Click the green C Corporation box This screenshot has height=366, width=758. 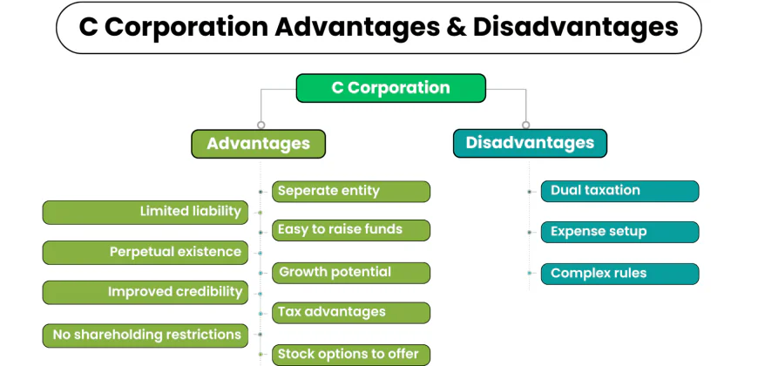coord(390,88)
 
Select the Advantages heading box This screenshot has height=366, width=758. coord(258,144)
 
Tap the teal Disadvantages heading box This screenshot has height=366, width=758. coord(530,143)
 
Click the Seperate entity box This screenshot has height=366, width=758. coord(352,192)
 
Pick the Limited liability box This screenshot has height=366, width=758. coord(146,212)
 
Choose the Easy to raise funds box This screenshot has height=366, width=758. coord(352,230)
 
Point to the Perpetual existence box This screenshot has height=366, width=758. coord(146,253)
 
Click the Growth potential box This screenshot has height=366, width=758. coord(352,273)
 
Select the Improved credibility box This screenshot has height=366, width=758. coord(146,292)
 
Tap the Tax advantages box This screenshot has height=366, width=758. coord(352,312)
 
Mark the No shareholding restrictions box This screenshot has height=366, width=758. coord(146,335)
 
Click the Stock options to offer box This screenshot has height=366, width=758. coord(352,354)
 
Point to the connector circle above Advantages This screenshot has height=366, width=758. coord(261,125)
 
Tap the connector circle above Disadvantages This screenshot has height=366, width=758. coord(525,125)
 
